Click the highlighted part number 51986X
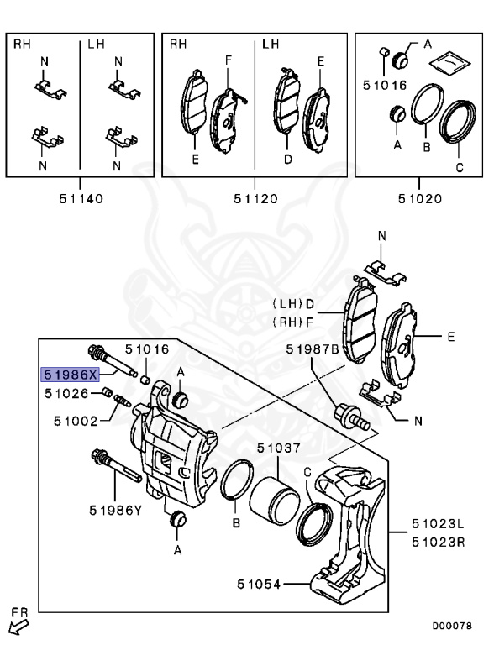[71, 374]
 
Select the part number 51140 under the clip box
[81, 199]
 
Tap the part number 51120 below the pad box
[255, 199]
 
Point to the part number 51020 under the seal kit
[420, 199]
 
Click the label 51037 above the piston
[279, 449]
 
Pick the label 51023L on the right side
[438, 525]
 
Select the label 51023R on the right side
[438, 542]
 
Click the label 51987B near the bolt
[312, 349]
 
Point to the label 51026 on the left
[66, 392]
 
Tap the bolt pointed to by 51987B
[352, 416]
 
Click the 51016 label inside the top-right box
[384, 85]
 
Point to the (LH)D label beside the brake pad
[292, 303]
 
